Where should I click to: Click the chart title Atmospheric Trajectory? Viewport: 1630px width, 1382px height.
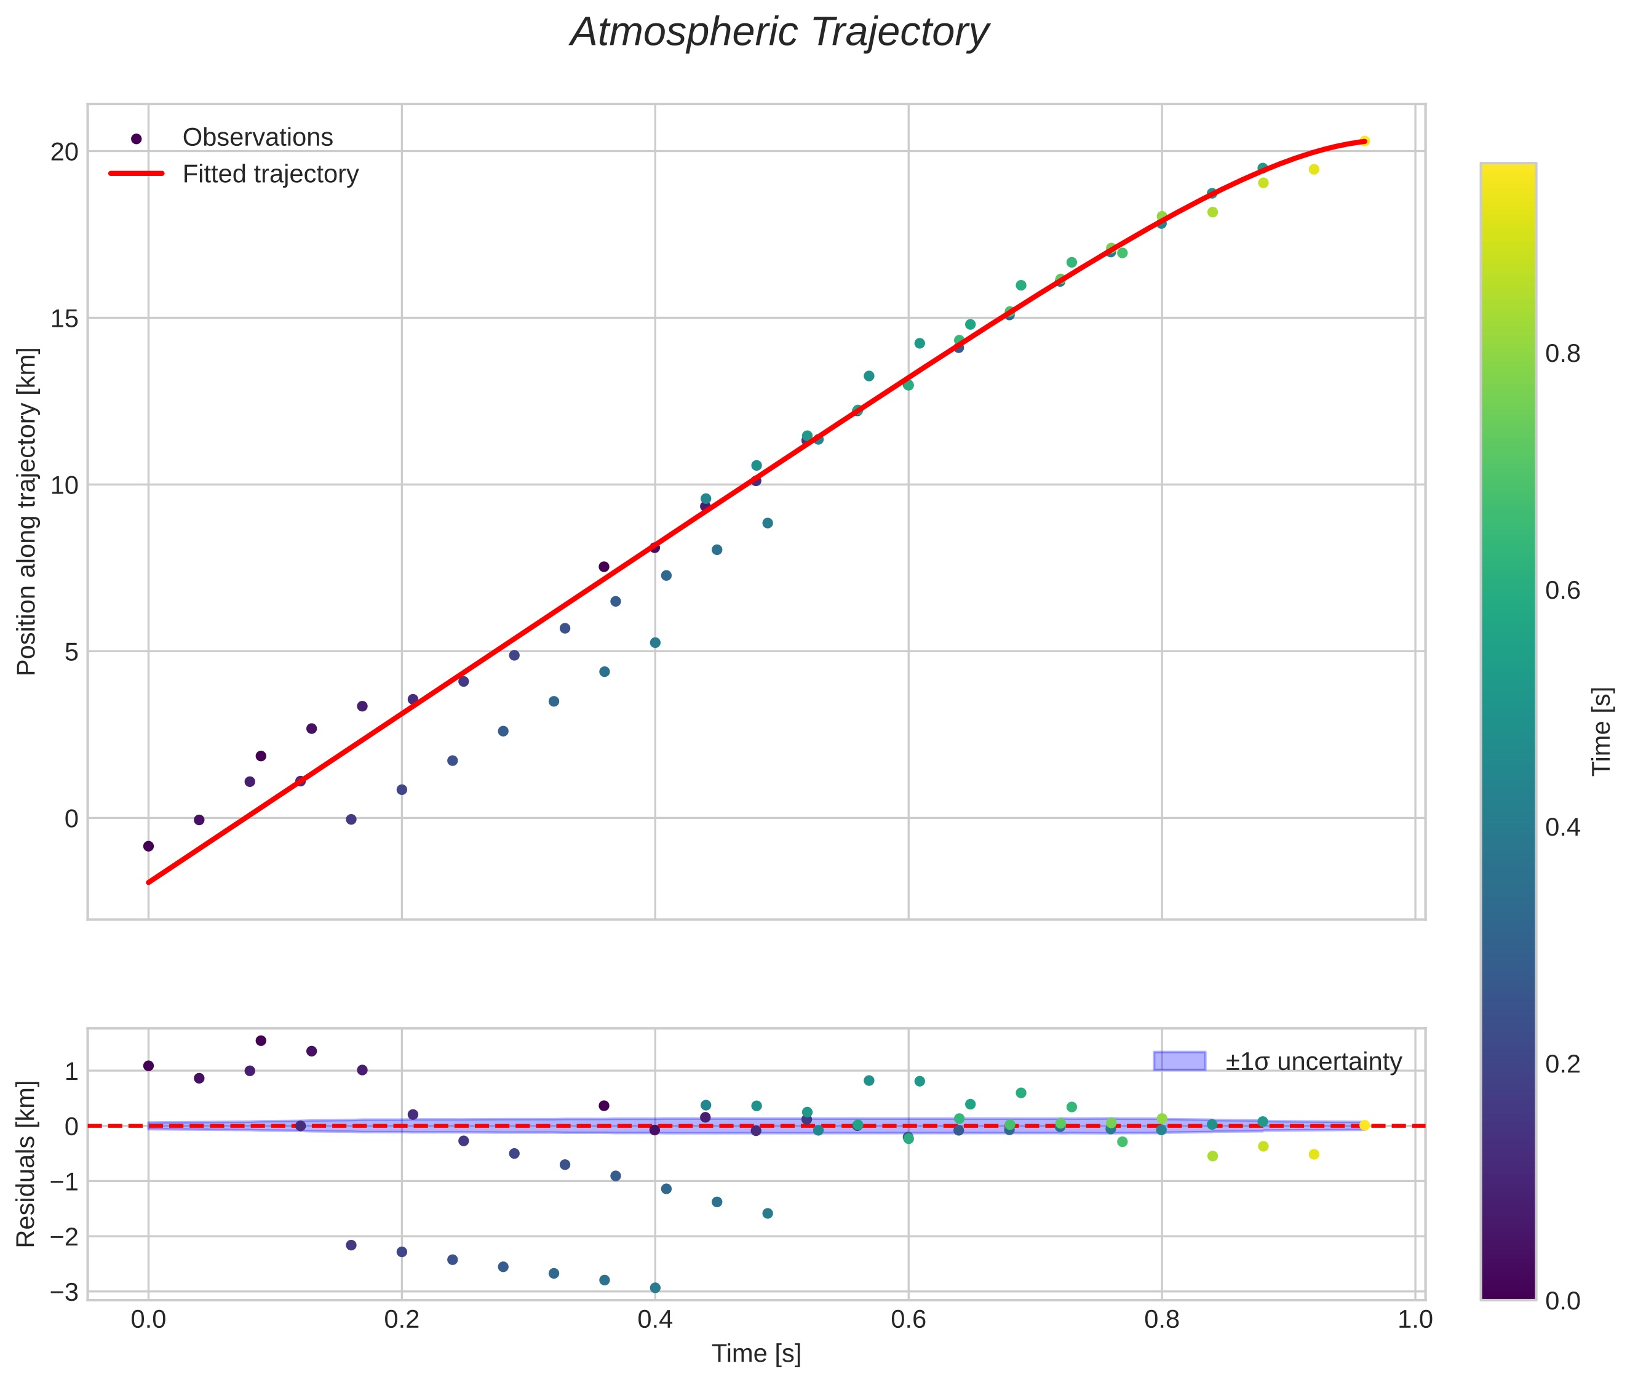click(779, 33)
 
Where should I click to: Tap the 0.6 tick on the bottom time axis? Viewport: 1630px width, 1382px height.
click(908, 1320)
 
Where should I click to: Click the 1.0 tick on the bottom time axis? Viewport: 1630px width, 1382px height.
click(1415, 1320)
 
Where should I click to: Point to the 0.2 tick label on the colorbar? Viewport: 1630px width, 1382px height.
click(1562, 1064)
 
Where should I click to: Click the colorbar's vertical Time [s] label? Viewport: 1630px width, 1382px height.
click(1602, 732)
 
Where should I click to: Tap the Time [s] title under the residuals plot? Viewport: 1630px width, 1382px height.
click(756, 1354)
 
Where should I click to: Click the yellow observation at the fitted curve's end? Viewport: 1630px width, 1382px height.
click(1364, 141)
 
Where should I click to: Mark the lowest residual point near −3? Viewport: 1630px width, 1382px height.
click(655, 1288)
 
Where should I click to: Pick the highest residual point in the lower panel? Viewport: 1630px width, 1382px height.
click(261, 1040)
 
